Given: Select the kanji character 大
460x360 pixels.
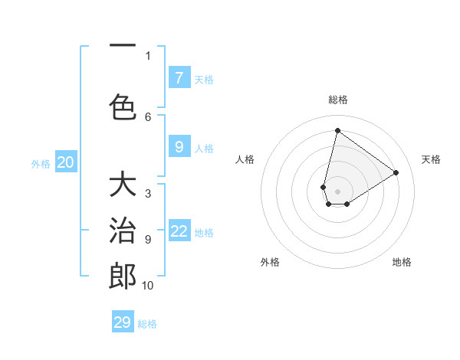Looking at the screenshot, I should [123, 186].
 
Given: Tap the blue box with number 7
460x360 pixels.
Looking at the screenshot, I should [179, 78].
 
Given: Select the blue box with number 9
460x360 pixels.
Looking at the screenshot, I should [179, 147].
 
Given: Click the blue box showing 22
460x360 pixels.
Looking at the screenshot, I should [179, 231].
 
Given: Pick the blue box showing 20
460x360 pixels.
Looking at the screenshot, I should [66, 162].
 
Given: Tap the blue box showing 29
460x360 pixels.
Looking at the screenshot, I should [123, 322].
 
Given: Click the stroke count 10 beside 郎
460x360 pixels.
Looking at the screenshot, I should [147, 286].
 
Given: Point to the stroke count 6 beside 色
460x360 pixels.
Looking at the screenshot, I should [148, 116].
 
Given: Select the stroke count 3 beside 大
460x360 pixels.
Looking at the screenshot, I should [148, 194].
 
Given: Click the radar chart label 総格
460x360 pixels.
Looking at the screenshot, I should [337, 100].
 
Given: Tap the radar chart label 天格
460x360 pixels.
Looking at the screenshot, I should [431, 159].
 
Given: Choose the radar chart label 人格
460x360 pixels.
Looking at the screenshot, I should [245, 159].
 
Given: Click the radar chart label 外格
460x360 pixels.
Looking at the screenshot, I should [270, 262].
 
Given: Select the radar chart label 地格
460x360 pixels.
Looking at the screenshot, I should [402, 262].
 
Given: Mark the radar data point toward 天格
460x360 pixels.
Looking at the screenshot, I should [396, 173].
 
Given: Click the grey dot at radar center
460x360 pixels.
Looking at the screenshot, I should [337, 180].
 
